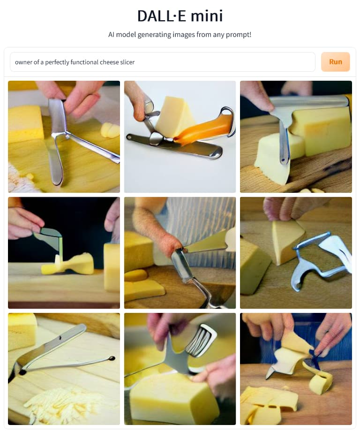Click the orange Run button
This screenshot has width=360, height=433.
tap(336, 61)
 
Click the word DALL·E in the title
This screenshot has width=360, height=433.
tap(161, 16)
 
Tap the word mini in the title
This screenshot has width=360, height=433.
tap(207, 16)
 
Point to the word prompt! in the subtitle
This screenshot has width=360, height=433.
tap(239, 35)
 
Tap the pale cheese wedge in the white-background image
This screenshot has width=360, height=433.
tap(176, 116)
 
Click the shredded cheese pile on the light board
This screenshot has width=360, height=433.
tap(63, 404)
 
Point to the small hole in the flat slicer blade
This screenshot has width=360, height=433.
tap(60, 338)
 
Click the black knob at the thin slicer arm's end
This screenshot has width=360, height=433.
tap(112, 358)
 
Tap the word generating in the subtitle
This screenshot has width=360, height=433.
tap(154, 35)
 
